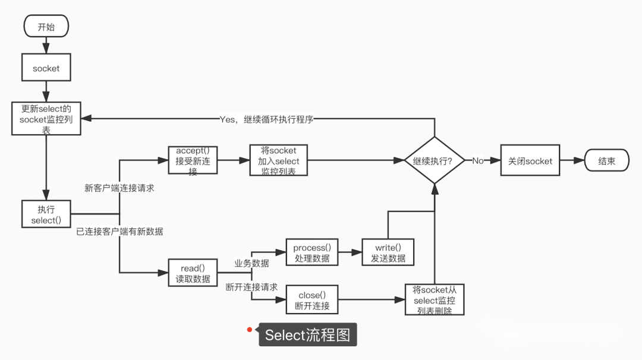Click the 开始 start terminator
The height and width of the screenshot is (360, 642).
(x=46, y=26)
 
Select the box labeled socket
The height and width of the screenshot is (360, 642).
(x=46, y=68)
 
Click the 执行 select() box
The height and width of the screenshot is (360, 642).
(x=46, y=215)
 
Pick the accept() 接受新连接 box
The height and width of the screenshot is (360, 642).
(x=192, y=160)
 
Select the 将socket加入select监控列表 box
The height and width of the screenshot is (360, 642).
(x=278, y=160)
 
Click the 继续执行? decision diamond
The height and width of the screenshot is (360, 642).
(x=435, y=161)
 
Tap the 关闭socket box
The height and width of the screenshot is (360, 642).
(x=530, y=161)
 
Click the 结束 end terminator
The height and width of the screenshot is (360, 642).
(x=606, y=161)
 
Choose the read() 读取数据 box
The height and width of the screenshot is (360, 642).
(x=193, y=273)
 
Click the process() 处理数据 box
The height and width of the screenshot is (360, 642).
(x=311, y=253)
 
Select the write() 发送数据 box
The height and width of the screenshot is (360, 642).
(x=388, y=253)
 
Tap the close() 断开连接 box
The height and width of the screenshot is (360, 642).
(x=311, y=301)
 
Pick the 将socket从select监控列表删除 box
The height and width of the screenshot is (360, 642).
(x=434, y=300)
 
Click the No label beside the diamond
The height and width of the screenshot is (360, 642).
(x=478, y=161)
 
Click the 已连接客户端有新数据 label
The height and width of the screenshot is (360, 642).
(x=119, y=231)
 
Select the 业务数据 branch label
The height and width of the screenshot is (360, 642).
(x=251, y=263)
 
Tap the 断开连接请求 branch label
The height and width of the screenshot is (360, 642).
(x=251, y=287)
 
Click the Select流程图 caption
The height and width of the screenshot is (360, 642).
(x=307, y=335)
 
